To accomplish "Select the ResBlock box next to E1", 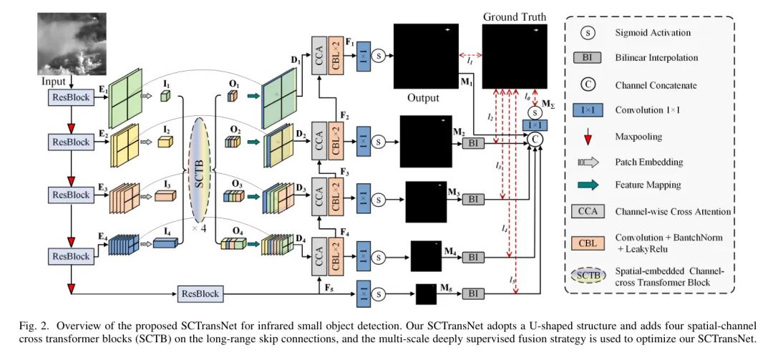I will (x=69, y=97).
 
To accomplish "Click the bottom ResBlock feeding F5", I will (x=200, y=293).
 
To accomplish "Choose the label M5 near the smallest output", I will (x=448, y=289).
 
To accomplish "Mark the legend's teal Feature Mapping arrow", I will (x=586, y=185).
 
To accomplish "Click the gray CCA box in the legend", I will (x=586, y=211).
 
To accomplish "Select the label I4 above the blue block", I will (x=167, y=230).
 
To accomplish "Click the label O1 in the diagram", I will (x=233, y=85).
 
